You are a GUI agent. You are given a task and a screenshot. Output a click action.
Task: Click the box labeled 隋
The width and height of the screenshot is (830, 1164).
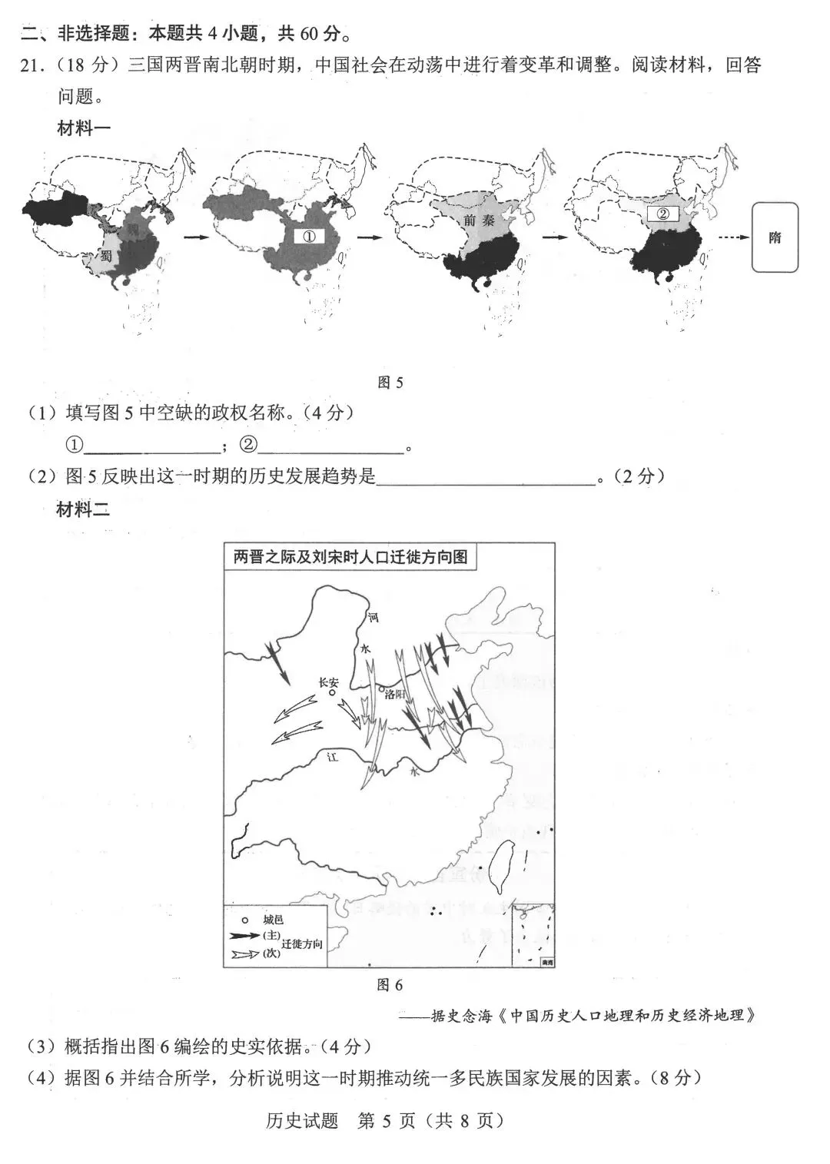coord(775,237)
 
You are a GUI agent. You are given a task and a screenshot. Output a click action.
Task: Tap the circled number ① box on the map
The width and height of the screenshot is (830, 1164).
coord(310,237)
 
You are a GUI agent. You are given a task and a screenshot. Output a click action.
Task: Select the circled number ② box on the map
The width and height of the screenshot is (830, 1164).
coord(663,214)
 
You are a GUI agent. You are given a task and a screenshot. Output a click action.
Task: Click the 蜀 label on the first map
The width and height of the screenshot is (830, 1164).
coord(105,257)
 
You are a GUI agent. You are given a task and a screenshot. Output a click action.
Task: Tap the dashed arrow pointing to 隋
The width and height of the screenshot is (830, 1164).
coord(733,237)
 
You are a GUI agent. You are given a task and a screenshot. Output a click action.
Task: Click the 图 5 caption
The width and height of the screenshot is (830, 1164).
coord(390,383)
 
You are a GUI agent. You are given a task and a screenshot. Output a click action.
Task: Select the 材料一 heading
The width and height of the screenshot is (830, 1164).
coord(84,128)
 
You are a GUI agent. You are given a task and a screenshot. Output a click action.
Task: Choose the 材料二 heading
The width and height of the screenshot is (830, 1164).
coord(84,509)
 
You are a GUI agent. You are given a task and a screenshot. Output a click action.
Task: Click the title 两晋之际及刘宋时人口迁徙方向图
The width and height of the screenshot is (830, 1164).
coord(350,556)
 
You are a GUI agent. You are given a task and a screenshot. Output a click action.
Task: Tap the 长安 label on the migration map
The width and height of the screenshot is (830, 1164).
coord(328,681)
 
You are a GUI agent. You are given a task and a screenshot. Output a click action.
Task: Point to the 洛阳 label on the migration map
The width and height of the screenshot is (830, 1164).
coord(393,694)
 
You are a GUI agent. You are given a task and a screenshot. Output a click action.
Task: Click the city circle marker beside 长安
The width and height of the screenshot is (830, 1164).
coord(332,692)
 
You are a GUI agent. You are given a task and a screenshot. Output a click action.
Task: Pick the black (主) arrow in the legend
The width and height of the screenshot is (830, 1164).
coord(245,936)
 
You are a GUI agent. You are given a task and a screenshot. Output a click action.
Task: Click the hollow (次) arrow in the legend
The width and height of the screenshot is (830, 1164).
coord(245,953)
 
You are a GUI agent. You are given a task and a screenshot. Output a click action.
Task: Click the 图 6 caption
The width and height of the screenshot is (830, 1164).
coord(390,985)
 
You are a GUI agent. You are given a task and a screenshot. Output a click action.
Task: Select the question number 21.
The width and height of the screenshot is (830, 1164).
coord(31,66)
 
